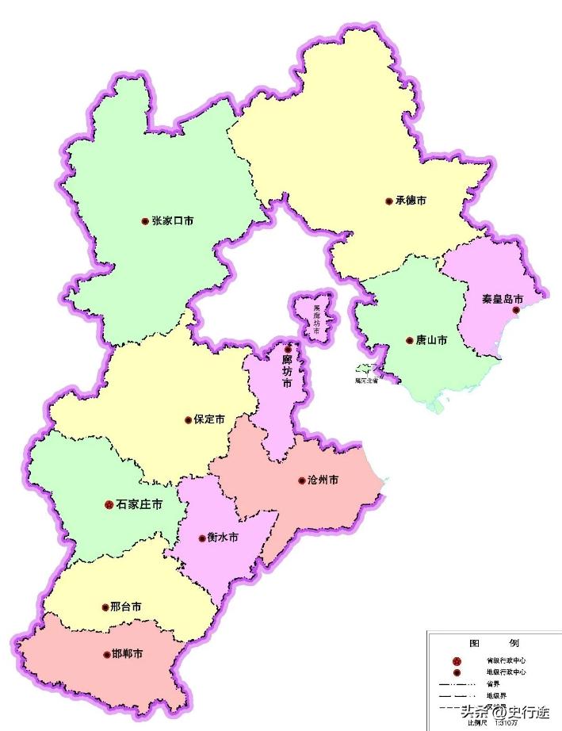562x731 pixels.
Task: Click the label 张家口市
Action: click(173, 221)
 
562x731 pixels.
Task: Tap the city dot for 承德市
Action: click(388, 201)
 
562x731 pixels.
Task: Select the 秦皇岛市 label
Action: click(503, 300)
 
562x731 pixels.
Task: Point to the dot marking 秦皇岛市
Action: click(516, 311)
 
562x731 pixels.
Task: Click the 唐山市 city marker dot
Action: click(409, 340)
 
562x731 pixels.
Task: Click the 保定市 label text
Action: click(209, 419)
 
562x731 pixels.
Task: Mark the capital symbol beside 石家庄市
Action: click(109, 504)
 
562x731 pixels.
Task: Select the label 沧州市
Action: click(323, 480)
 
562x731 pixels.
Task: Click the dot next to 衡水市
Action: click(202, 537)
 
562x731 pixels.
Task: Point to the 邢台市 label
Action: click(127, 607)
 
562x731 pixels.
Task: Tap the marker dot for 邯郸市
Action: click(106, 655)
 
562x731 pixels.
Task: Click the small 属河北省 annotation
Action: click(366, 380)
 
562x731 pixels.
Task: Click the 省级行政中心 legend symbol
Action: click(456, 660)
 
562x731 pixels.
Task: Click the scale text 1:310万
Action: click(506, 722)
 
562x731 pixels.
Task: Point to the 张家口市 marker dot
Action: click(144, 221)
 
